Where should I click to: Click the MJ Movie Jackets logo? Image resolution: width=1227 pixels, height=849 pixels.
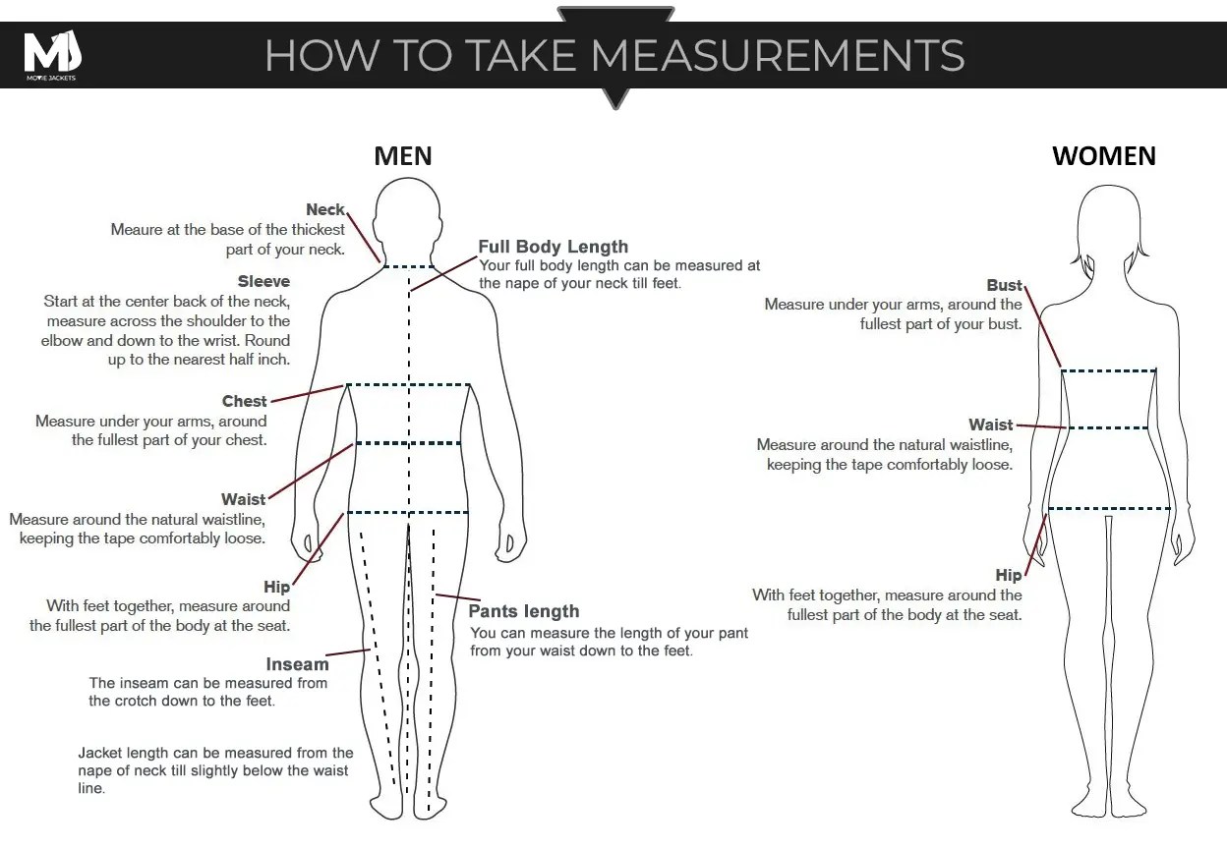(x=52, y=55)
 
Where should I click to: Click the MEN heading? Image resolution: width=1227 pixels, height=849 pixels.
(x=403, y=156)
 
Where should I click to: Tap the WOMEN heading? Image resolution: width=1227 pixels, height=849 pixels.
(x=1104, y=156)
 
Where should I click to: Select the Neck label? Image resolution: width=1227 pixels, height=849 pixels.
(x=324, y=209)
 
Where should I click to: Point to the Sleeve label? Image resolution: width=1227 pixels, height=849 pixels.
(x=263, y=281)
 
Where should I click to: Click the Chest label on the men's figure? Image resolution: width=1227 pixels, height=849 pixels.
(x=244, y=401)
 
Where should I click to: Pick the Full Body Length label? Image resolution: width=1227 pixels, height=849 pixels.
(x=554, y=247)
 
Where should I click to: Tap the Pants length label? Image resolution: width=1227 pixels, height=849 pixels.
(x=524, y=611)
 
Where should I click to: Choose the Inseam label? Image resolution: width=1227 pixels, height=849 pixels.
(x=298, y=664)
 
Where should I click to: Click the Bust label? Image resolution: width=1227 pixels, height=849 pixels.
(x=1004, y=285)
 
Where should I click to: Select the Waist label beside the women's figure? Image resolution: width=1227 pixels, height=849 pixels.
(x=990, y=424)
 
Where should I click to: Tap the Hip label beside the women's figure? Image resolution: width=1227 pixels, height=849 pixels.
(x=1009, y=575)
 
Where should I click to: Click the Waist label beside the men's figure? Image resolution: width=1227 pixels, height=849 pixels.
(x=243, y=499)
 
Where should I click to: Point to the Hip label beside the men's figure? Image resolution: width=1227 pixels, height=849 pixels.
(x=276, y=587)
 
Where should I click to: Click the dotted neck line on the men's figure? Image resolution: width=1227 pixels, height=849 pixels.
(x=408, y=267)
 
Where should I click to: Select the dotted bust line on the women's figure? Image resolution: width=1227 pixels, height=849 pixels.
(x=1109, y=371)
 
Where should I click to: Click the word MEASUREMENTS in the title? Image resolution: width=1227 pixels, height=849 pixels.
(x=778, y=55)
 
